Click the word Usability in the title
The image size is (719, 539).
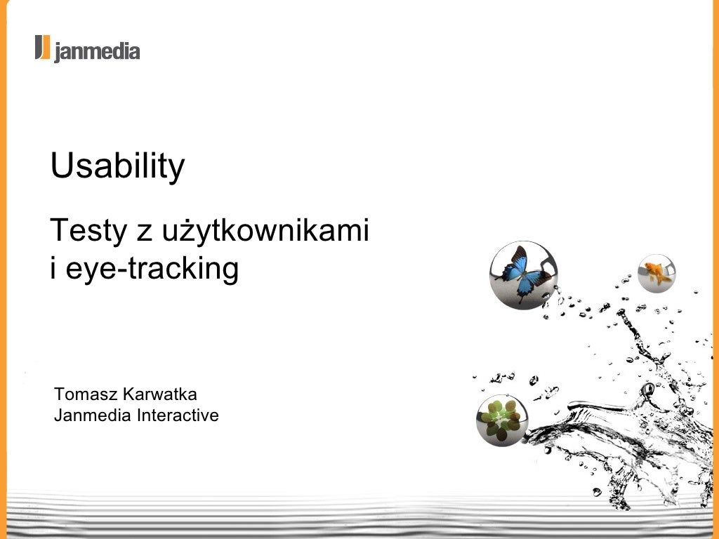pyautogui.click(x=117, y=167)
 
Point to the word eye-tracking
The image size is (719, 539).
pyautogui.click(x=152, y=269)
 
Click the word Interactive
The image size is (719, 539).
pyautogui.click(x=178, y=415)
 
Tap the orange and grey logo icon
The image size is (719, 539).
pyautogui.click(x=43, y=48)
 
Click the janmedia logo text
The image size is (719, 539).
pyautogui.click(x=97, y=51)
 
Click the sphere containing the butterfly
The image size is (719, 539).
pyautogui.click(x=523, y=275)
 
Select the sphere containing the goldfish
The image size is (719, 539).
pyautogui.click(x=657, y=273)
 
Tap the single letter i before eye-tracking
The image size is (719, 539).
pyautogui.click(x=53, y=269)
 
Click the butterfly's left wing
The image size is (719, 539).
pyautogui.click(x=512, y=267)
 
